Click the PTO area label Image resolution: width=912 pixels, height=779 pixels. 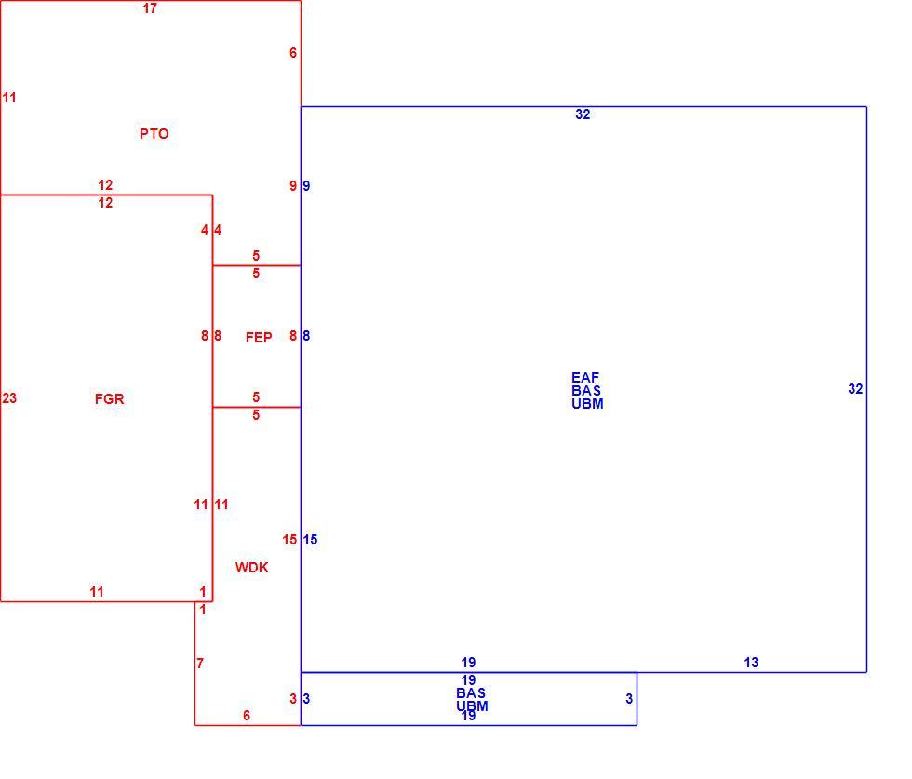(154, 134)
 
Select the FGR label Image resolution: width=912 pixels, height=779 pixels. (110, 399)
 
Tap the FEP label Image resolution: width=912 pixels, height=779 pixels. (259, 338)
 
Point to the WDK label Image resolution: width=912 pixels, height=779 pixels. (252, 568)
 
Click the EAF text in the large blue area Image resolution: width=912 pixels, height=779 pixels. (585, 378)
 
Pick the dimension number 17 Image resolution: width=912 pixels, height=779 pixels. (150, 8)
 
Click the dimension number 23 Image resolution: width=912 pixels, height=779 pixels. (9, 398)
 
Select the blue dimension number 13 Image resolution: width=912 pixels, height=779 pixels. (751, 663)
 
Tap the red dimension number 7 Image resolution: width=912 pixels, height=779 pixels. (200, 664)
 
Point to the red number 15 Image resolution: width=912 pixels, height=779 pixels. (289, 540)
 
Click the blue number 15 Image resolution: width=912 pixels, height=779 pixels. (310, 540)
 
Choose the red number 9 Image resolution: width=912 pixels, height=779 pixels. (293, 186)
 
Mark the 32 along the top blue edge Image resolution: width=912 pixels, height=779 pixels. (583, 114)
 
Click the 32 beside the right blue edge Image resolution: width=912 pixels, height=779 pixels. (855, 389)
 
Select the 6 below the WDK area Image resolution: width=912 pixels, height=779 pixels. (247, 716)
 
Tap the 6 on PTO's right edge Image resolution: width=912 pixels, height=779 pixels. (293, 53)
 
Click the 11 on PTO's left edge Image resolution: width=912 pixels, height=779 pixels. (9, 98)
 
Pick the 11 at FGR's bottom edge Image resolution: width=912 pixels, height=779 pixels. (97, 592)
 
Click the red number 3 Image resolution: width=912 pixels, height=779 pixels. (293, 699)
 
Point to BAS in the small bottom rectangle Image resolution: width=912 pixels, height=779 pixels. (471, 693)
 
